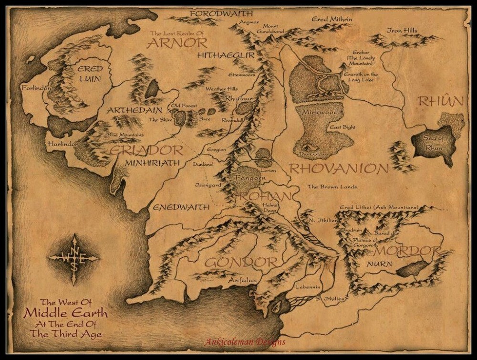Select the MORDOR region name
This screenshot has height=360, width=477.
click(407, 251)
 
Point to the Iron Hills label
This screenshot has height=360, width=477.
click(402, 31)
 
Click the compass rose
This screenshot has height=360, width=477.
click(74, 258)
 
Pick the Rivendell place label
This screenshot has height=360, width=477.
click(233, 121)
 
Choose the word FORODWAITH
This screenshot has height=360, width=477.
click(221, 13)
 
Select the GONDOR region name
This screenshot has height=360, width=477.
click(241, 262)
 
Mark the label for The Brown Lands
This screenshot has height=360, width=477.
click(332, 187)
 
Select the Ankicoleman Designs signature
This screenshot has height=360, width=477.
click(245, 342)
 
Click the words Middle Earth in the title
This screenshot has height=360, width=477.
click(66, 314)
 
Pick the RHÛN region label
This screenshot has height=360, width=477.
click(441, 101)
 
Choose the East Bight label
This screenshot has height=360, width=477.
click(342, 127)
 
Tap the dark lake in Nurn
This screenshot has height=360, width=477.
click(413, 269)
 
